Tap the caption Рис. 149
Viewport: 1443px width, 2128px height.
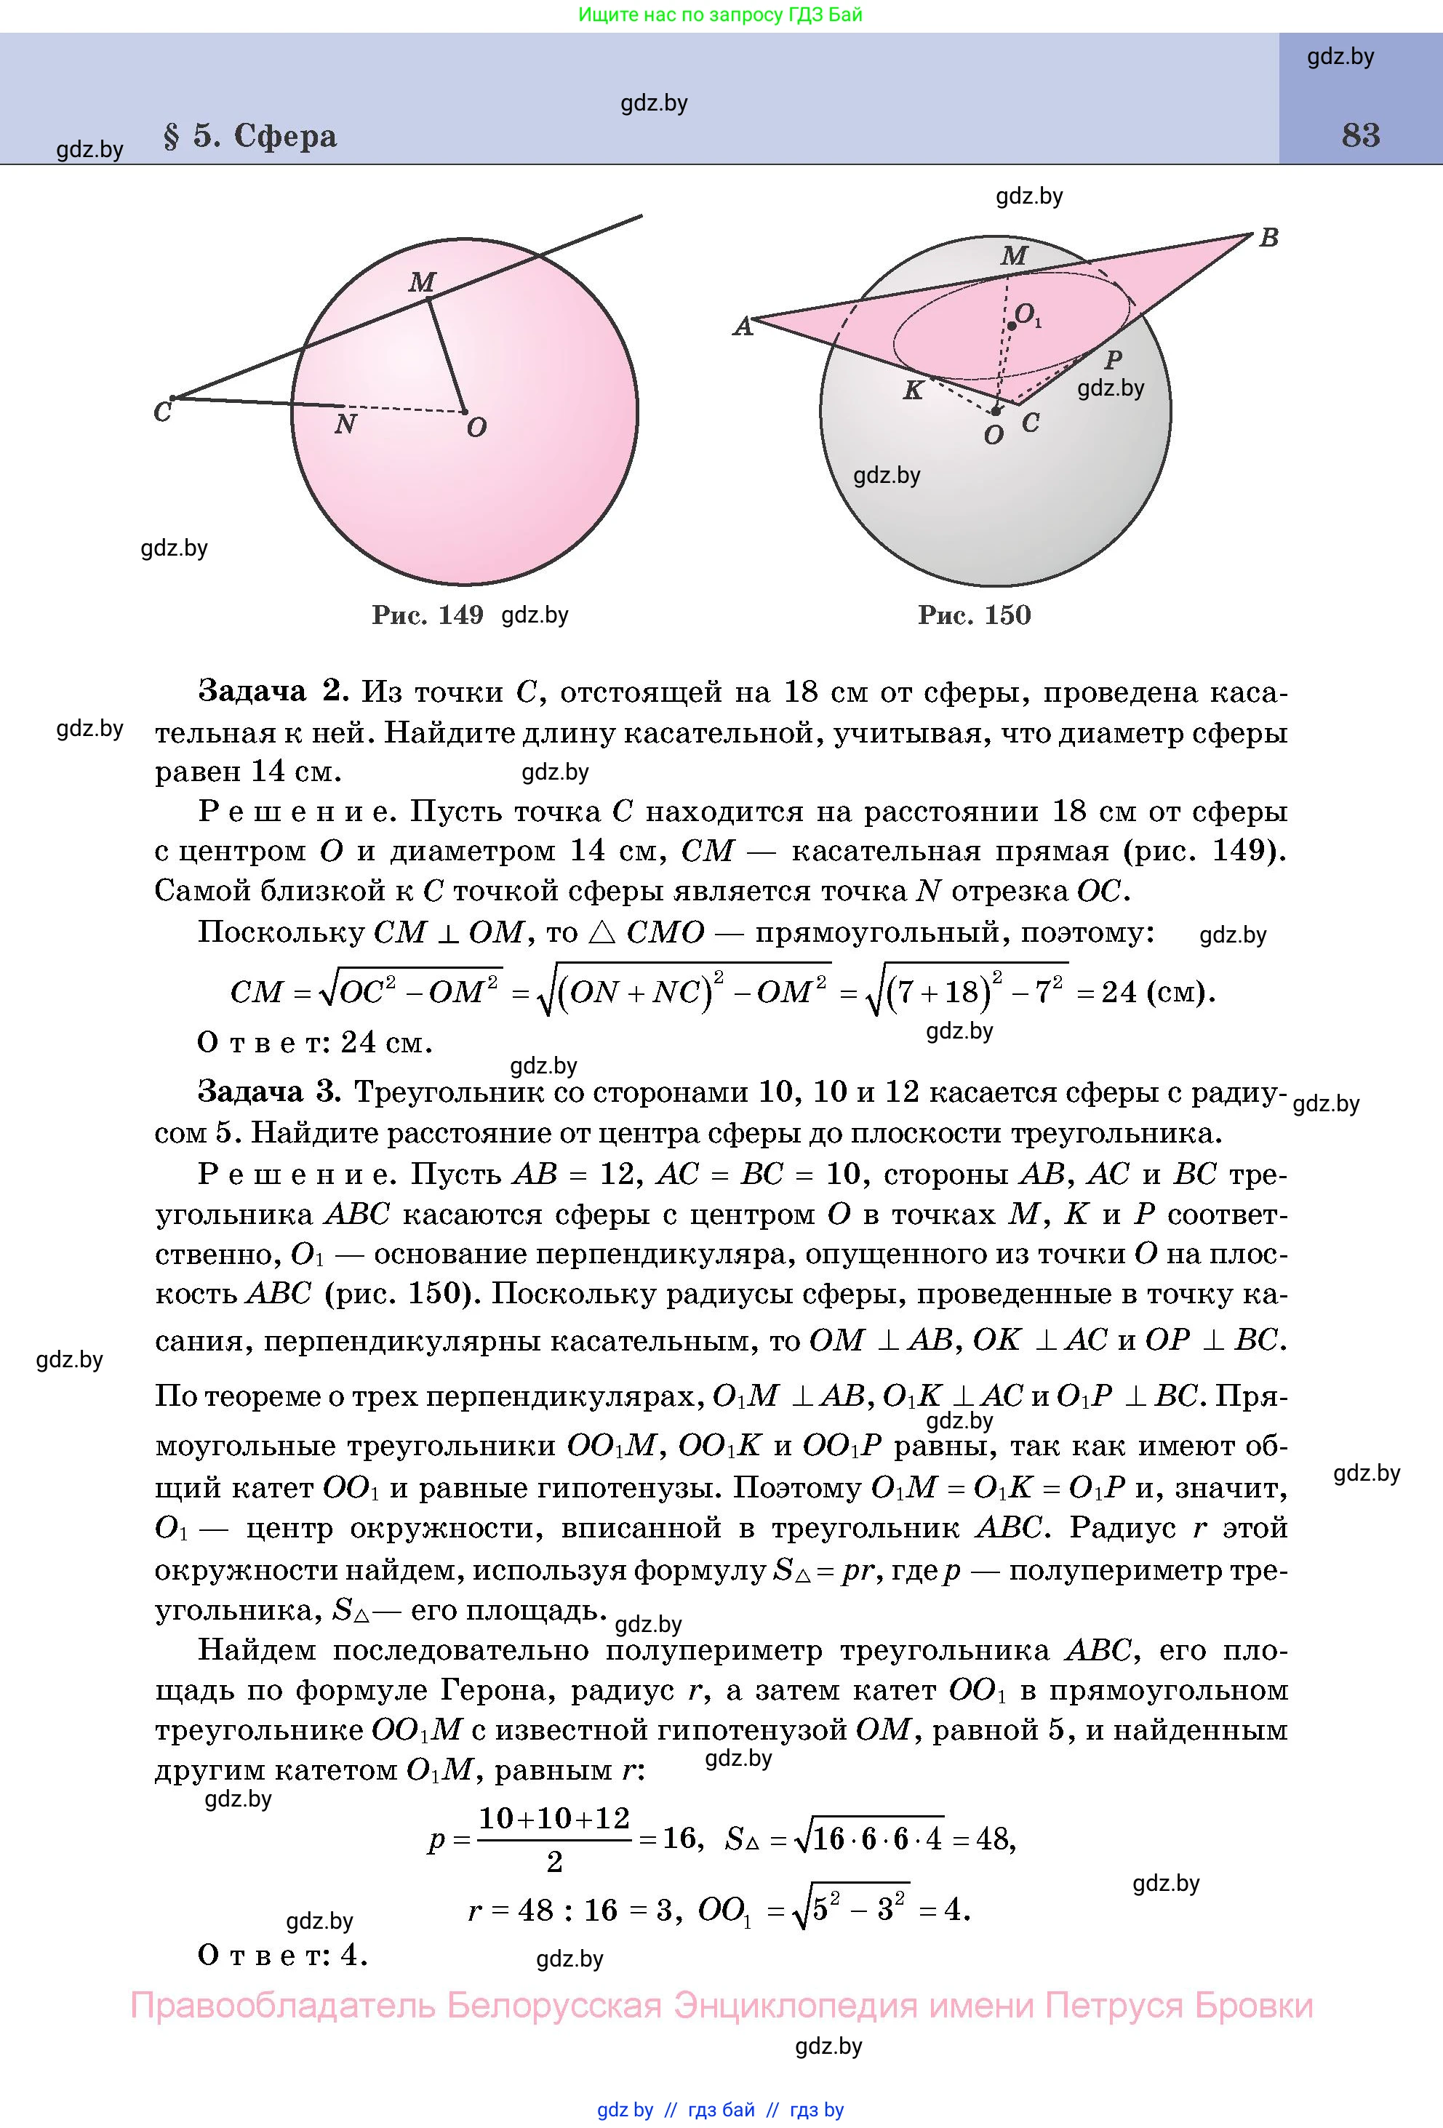point(427,615)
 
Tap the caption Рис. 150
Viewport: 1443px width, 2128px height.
point(974,615)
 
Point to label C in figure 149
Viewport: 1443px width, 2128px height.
point(163,413)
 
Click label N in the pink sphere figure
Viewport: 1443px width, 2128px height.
point(345,424)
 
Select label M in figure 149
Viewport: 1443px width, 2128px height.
point(421,282)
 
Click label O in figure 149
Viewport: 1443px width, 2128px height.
point(476,428)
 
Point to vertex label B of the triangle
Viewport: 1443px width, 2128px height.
point(1268,238)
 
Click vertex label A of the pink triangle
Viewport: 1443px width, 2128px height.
point(743,327)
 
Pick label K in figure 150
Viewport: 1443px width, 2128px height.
point(913,391)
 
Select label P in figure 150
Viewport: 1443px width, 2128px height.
point(1113,360)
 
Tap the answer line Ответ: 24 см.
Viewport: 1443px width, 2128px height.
point(314,1042)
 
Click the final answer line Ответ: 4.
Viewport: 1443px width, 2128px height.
point(282,1956)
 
